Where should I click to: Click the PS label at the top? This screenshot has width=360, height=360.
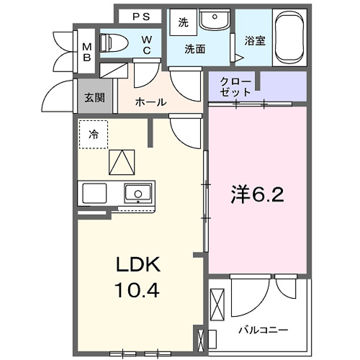(x=141, y=14)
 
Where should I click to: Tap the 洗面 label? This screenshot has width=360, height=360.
(x=195, y=50)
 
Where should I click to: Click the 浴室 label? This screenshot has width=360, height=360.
(x=254, y=40)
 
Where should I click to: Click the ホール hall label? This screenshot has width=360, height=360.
(x=150, y=102)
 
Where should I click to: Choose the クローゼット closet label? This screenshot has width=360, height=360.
(x=237, y=87)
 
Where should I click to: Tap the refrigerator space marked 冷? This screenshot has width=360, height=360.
(x=94, y=134)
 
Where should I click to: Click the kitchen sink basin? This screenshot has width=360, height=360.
(x=137, y=193)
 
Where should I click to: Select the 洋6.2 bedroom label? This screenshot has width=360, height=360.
(x=256, y=194)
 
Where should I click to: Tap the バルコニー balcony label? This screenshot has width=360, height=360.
(x=264, y=329)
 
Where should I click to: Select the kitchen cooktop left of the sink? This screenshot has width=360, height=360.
(x=94, y=193)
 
